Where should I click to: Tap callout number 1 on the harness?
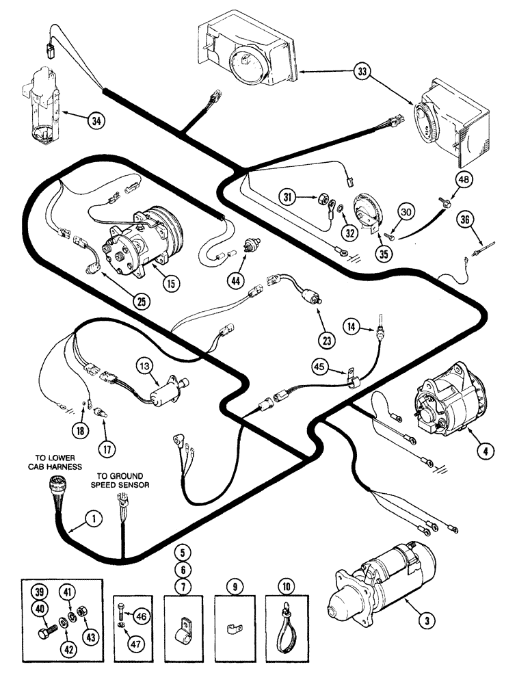click(x=94, y=520)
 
